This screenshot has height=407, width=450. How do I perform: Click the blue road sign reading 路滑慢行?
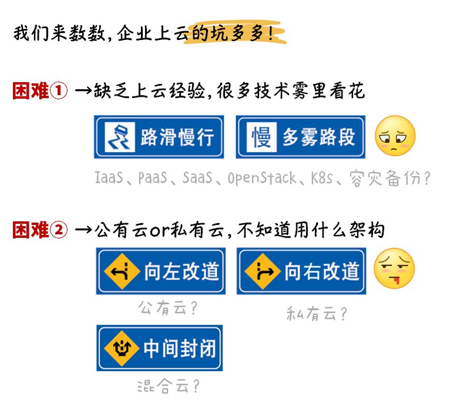(159, 137)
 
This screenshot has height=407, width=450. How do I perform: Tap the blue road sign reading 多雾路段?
(301, 137)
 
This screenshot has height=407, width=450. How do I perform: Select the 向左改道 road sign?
(160, 271)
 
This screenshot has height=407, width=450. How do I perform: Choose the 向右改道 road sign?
(301, 271)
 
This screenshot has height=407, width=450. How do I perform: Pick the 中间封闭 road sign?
(160, 348)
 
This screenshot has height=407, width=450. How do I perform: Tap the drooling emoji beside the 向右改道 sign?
(395, 269)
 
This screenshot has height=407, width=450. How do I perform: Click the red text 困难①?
(40, 91)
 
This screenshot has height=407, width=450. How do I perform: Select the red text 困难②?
(40, 230)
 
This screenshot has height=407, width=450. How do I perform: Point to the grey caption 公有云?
(160, 307)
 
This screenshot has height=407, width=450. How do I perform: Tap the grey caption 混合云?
(167, 386)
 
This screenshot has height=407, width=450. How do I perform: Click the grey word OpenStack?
(261, 177)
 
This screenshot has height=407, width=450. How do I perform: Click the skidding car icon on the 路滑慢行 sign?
(120, 137)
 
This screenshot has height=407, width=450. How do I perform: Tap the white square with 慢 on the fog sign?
(261, 137)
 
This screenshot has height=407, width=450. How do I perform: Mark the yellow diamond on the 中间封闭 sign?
(121, 348)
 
